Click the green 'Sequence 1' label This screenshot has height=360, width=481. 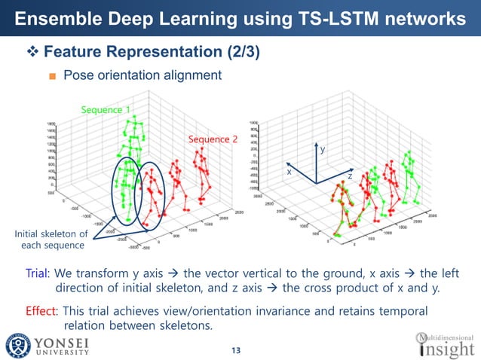tap(106, 110)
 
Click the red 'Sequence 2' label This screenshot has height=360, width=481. tap(213, 139)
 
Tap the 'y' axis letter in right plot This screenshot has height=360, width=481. tap(323, 151)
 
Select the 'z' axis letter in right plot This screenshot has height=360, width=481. tap(350, 175)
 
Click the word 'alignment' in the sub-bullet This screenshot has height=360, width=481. tap(195, 75)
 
